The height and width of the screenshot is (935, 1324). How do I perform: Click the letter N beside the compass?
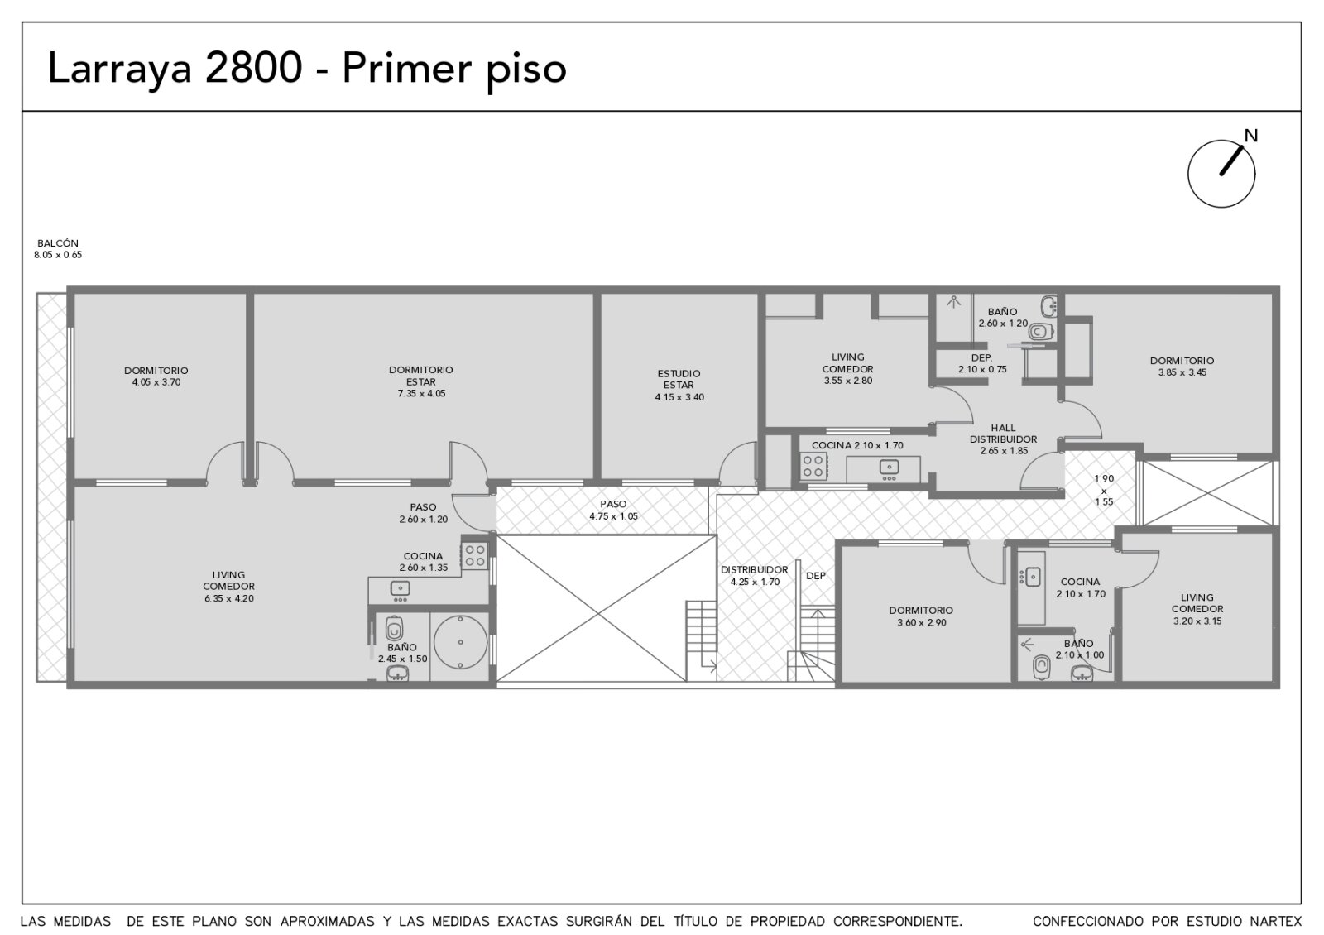[x=1250, y=136]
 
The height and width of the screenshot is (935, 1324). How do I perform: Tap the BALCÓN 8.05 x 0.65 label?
[x=58, y=249]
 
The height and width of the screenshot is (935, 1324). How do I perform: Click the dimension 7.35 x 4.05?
[x=421, y=394]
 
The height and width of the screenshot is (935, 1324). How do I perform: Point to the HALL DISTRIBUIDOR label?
[x=1003, y=434]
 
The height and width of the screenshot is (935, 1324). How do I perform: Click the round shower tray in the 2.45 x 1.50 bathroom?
[x=460, y=642]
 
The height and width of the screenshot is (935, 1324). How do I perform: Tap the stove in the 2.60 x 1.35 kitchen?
[x=475, y=555]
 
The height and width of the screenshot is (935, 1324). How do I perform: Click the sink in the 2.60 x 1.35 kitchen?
[x=401, y=589]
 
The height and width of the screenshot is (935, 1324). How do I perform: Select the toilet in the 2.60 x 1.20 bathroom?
[x=1041, y=332]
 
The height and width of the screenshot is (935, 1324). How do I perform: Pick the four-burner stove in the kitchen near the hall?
[x=813, y=466]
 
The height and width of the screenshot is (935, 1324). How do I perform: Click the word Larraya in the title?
[x=120, y=70]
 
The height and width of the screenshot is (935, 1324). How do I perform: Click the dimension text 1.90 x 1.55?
[x=1104, y=491]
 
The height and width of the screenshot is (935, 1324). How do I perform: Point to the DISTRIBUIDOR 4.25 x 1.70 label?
[x=754, y=576]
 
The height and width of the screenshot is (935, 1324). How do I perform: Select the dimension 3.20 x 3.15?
[x=1197, y=621]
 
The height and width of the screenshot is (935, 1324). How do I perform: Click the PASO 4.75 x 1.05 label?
[x=613, y=510]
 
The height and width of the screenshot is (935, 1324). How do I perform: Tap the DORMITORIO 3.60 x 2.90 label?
[x=921, y=616]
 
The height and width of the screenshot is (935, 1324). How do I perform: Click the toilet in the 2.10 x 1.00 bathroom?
[x=1042, y=668]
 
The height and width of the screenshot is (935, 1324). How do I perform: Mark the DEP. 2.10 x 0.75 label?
[x=981, y=363]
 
